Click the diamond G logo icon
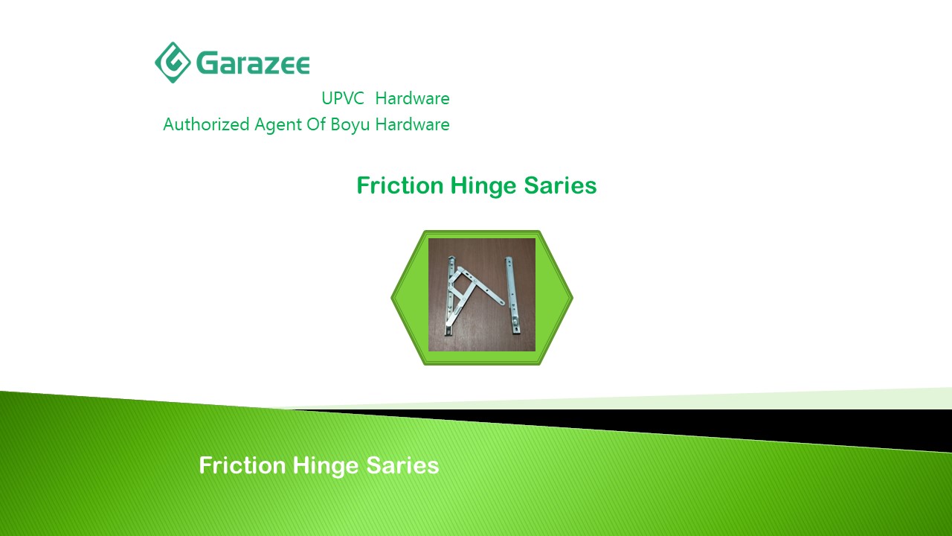click(x=173, y=63)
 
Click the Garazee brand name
click(x=253, y=63)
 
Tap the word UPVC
click(x=343, y=98)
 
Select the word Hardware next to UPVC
click(x=412, y=98)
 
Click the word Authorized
click(x=206, y=124)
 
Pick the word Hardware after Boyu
click(x=412, y=124)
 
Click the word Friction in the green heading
click(x=400, y=185)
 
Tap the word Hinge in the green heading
click(x=483, y=186)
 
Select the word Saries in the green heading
click(x=560, y=185)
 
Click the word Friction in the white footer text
click(x=242, y=465)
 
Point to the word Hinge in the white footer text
click(x=326, y=466)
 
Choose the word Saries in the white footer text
click(x=402, y=465)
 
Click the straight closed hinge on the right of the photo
click(x=512, y=296)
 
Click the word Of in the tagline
click(x=316, y=124)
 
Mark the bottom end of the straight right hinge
click(x=516, y=334)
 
